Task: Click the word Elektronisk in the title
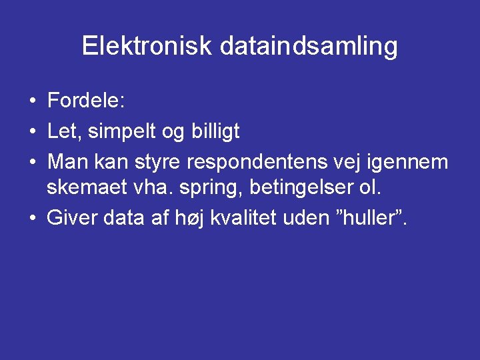click(146, 46)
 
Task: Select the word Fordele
click(86, 102)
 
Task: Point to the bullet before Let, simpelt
click(32, 132)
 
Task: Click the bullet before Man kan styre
click(32, 162)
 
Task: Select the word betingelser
click(302, 188)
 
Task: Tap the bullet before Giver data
click(32, 217)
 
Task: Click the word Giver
click(71, 217)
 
